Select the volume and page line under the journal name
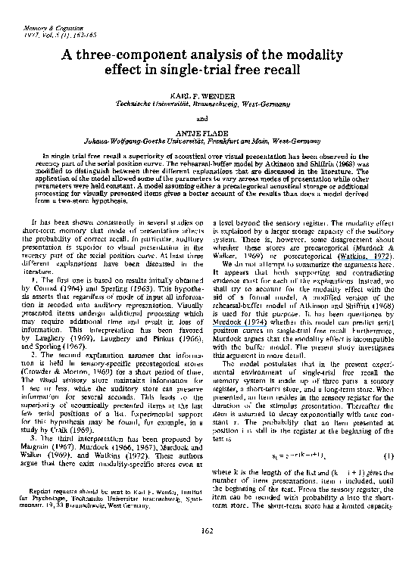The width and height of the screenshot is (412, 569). [47, 35]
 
